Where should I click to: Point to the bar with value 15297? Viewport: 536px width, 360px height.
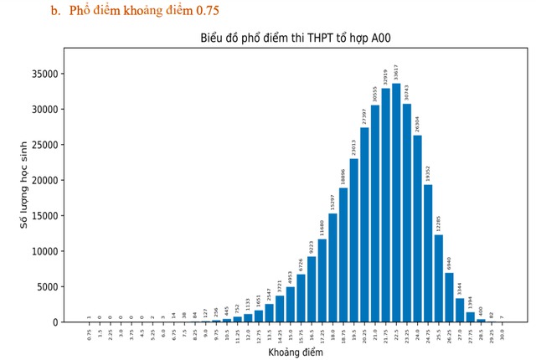click(x=332, y=268)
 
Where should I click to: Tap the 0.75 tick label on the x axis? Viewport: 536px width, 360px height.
click(x=89, y=333)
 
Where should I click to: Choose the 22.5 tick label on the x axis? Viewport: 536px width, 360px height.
click(x=396, y=333)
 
